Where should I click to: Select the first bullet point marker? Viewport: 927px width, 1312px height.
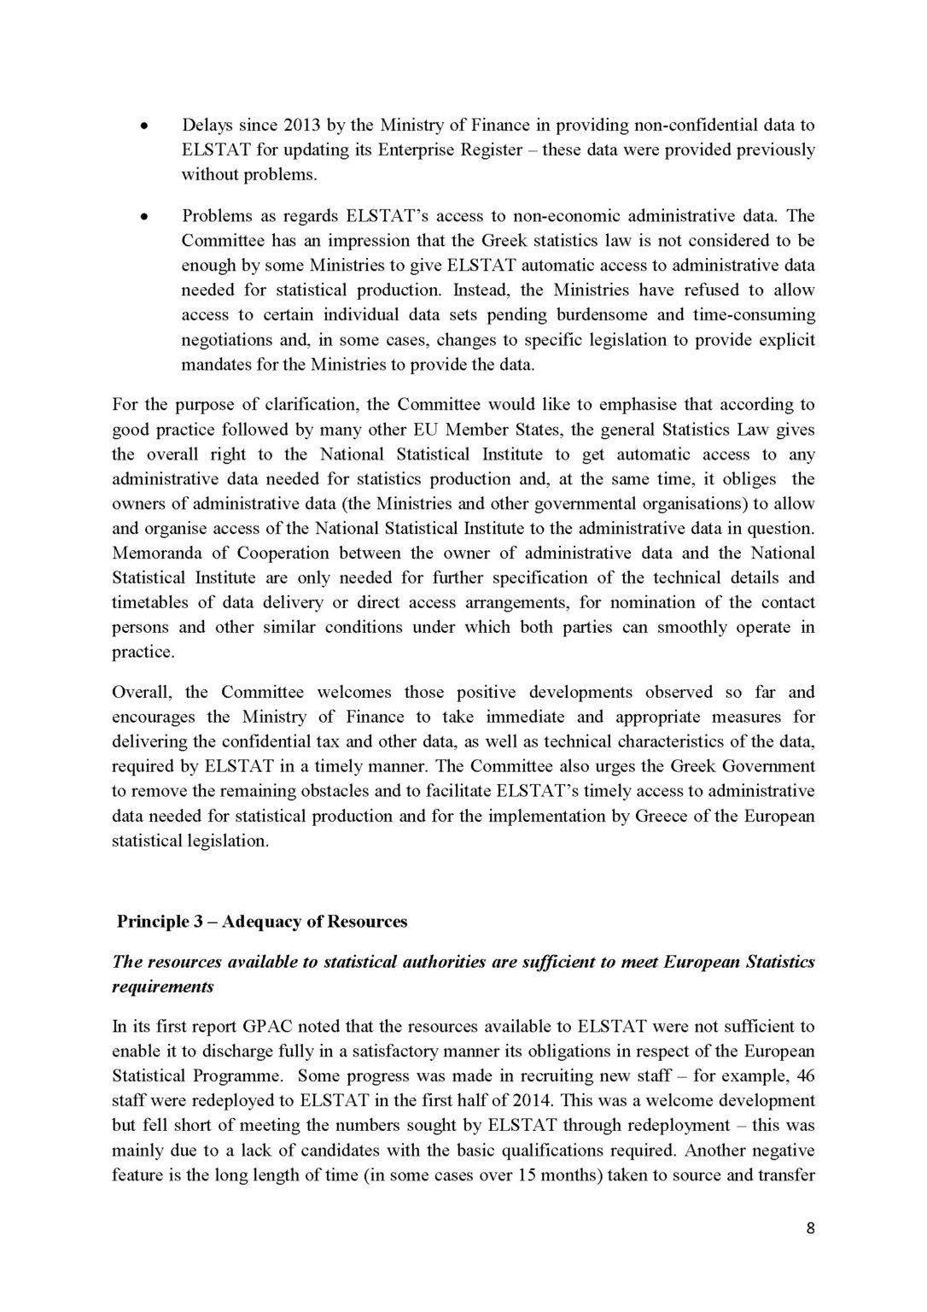(x=146, y=126)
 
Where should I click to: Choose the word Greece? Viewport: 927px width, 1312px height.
(x=661, y=816)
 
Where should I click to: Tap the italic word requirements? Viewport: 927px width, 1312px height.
(x=163, y=987)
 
